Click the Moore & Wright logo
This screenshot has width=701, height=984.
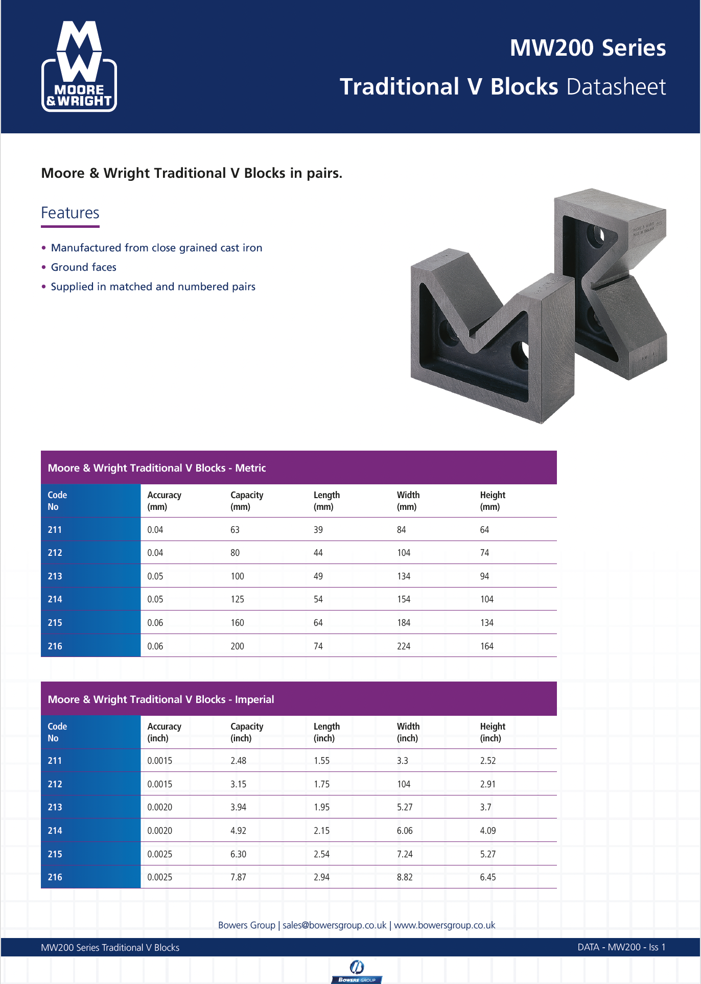[x=79, y=66]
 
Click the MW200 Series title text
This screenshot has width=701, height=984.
[x=588, y=48]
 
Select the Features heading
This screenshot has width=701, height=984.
[x=70, y=213]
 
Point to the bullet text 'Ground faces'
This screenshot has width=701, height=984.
[x=84, y=267]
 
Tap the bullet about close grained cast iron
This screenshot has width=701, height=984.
[x=156, y=248]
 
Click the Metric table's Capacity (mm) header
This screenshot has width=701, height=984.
[x=247, y=501]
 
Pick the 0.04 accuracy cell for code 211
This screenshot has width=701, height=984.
[x=155, y=530]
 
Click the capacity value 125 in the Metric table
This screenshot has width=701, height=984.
[x=237, y=599]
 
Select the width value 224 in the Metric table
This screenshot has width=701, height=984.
[x=404, y=646]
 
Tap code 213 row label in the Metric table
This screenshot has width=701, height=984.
[x=55, y=576]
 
